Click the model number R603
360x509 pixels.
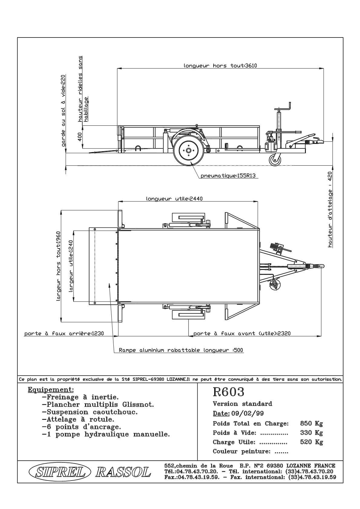pyautogui.click(x=228, y=392)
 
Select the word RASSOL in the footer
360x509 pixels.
pyautogui.click(x=123, y=472)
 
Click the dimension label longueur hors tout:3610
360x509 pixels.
pyautogui.click(x=220, y=66)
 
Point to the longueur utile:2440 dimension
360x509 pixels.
pyautogui.click(x=174, y=199)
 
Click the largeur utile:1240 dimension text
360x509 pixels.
pyautogui.click(x=71, y=266)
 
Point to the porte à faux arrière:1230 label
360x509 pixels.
pyautogui.click(x=64, y=333)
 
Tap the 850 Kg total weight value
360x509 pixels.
pyautogui.click(x=311, y=423)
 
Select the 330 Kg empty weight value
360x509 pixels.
pyautogui.click(x=311, y=433)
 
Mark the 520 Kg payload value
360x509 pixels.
pyautogui.click(x=311, y=442)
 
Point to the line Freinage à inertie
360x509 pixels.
pyautogui.click(x=80, y=397)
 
